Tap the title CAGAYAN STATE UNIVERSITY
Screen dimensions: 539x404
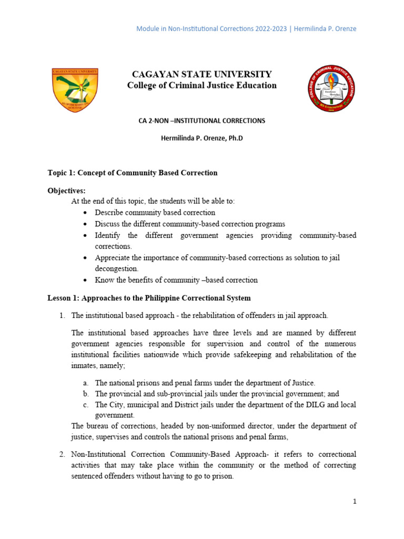pos(202,74)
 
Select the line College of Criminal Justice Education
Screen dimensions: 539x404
pos(202,85)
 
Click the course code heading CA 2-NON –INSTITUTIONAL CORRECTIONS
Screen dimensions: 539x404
pos(201,121)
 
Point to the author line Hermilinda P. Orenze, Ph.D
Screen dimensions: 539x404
pos(201,138)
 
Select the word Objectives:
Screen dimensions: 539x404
pos(66,191)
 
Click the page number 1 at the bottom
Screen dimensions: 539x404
pos(355,502)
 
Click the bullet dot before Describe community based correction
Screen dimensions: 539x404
pos(86,213)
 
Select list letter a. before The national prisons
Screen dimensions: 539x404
pos(85,383)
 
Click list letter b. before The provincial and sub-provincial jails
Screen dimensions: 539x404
pos(85,393)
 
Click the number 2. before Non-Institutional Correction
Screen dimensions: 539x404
pos(62,454)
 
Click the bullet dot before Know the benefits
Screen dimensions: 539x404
pos(86,280)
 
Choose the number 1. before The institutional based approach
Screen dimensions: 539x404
pos(62,315)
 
